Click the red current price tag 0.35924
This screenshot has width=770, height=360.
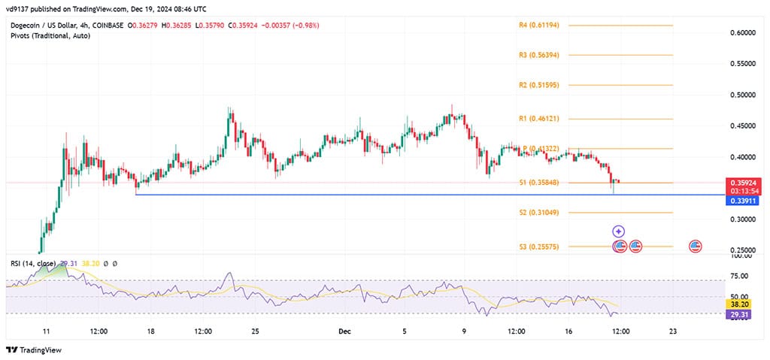point(744,183)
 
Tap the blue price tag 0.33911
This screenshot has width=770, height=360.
point(744,201)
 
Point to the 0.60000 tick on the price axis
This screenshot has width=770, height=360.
point(743,33)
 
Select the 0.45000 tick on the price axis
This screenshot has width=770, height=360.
point(743,126)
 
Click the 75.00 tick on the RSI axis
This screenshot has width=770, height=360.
point(739,277)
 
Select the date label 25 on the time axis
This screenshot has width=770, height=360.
point(255,331)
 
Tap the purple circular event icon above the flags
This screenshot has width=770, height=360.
point(618,231)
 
